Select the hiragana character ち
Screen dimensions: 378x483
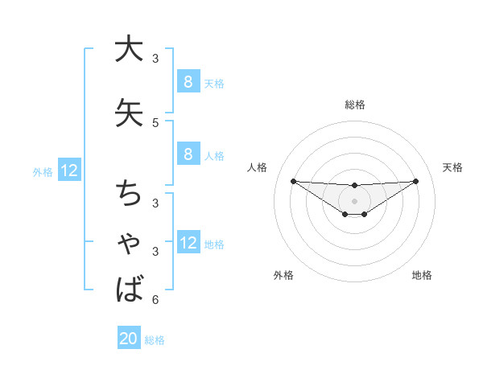(x=129, y=193)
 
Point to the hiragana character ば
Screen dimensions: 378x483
(x=129, y=288)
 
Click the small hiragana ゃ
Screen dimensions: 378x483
(x=129, y=244)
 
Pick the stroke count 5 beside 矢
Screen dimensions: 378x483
(x=155, y=123)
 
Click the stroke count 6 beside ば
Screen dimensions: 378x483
(x=155, y=300)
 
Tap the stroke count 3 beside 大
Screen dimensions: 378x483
(x=155, y=58)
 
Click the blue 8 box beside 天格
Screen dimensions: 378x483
(x=188, y=82)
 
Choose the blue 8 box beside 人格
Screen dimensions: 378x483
(x=188, y=155)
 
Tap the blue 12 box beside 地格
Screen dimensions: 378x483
(x=188, y=244)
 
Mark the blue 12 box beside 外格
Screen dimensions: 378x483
(x=68, y=171)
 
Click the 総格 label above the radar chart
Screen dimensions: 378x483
(x=355, y=105)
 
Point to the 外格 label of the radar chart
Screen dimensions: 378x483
(x=283, y=276)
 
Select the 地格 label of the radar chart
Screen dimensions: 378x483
(x=422, y=276)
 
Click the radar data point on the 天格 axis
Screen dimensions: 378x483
(x=416, y=181)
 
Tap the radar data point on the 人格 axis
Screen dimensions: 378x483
(x=293, y=181)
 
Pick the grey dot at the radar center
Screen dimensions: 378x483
(x=354, y=200)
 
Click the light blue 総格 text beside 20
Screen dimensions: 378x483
(x=155, y=340)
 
